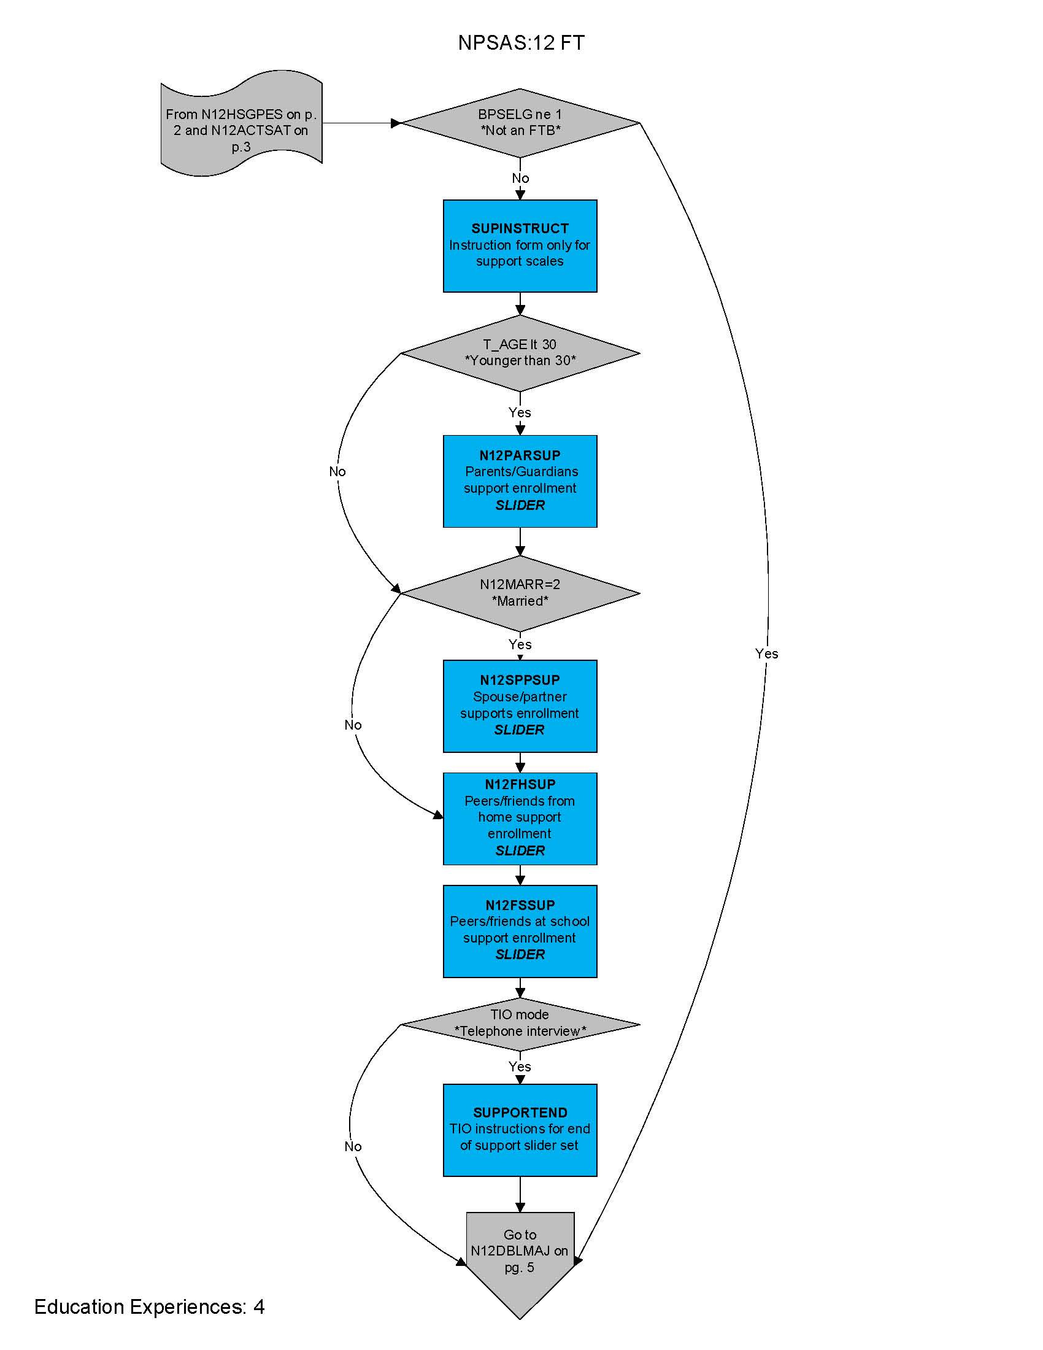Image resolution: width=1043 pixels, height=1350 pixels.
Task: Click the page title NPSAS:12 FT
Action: click(x=521, y=43)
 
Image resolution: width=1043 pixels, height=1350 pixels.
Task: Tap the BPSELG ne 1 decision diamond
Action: click(x=520, y=122)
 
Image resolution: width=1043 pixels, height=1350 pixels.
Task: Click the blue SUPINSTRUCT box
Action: click(x=520, y=245)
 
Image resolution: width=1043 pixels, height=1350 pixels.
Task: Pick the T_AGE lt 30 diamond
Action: click(x=520, y=353)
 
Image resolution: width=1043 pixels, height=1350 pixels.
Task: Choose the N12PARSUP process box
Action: click(x=520, y=481)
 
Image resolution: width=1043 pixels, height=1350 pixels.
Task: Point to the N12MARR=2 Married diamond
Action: click(x=520, y=593)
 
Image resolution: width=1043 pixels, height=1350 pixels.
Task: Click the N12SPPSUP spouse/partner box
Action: click(x=520, y=706)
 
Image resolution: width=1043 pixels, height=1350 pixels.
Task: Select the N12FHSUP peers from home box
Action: click(x=520, y=818)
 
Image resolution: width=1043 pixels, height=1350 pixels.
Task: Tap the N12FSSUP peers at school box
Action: click(x=520, y=931)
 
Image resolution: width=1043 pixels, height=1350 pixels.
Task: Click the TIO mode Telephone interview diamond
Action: click(x=520, y=1024)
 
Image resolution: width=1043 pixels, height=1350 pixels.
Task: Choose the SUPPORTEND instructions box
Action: click(x=520, y=1129)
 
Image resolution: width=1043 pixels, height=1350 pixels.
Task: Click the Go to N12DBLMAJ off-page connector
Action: click(x=520, y=1255)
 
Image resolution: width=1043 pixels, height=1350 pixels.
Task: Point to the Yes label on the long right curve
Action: click(x=766, y=654)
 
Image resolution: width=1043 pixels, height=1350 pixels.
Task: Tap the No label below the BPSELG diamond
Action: click(x=520, y=178)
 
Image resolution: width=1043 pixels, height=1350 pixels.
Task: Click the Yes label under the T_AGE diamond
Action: click(x=520, y=412)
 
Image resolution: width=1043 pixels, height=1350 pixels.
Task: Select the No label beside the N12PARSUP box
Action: click(x=337, y=472)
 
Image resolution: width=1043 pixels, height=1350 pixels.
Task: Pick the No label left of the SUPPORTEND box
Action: click(x=353, y=1147)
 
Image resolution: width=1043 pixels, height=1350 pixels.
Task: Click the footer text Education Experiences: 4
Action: click(x=149, y=1306)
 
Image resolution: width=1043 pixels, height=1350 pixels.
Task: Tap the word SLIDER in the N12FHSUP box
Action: click(x=520, y=850)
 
